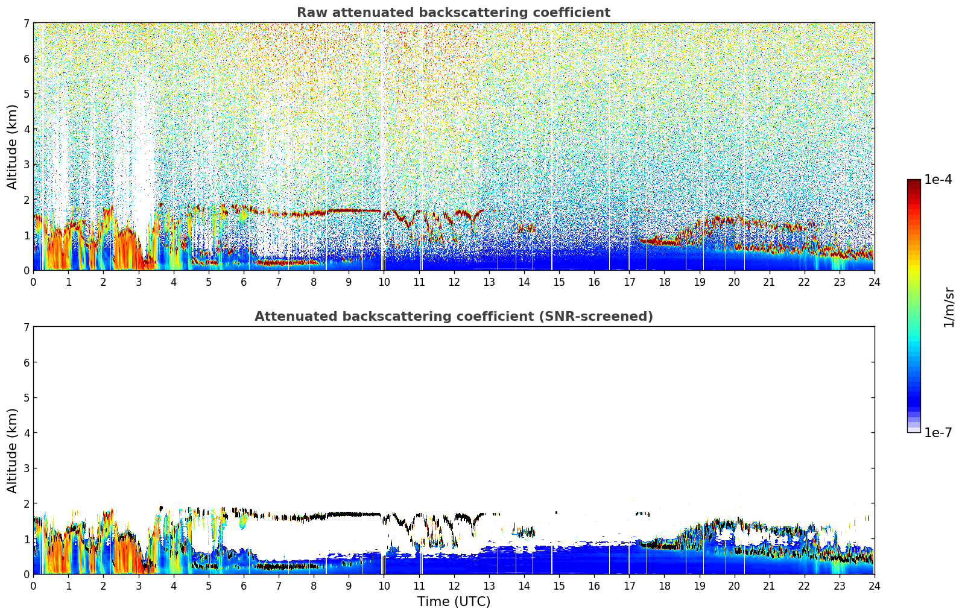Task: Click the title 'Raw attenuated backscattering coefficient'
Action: pos(453,13)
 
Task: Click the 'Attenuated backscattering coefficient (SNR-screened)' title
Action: pos(453,317)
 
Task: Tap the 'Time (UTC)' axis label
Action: pos(454,601)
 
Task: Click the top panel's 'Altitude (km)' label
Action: pos(13,147)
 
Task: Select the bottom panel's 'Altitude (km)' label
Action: pos(13,450)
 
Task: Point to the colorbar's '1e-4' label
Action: pos(938,180)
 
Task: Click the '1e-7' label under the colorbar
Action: pos(938,432)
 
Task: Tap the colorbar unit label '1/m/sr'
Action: pos(949,307)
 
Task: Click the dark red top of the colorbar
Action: pos(914,182)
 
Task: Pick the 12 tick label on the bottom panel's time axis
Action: pos(454,585)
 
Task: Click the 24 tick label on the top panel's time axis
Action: pos(874,282)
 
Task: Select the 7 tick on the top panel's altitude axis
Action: pos(27,24)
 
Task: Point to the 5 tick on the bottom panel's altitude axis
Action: pos(27,398)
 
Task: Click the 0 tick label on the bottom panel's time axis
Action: pos(33,585)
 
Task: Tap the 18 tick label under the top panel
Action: pos(664,282)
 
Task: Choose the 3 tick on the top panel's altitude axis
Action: pos(27,165)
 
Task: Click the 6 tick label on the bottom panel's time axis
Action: pos(244,585)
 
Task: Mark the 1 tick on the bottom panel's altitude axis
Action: pos(27,539)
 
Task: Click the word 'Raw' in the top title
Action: pos(309,13)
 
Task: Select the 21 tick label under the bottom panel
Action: pos(769,585)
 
